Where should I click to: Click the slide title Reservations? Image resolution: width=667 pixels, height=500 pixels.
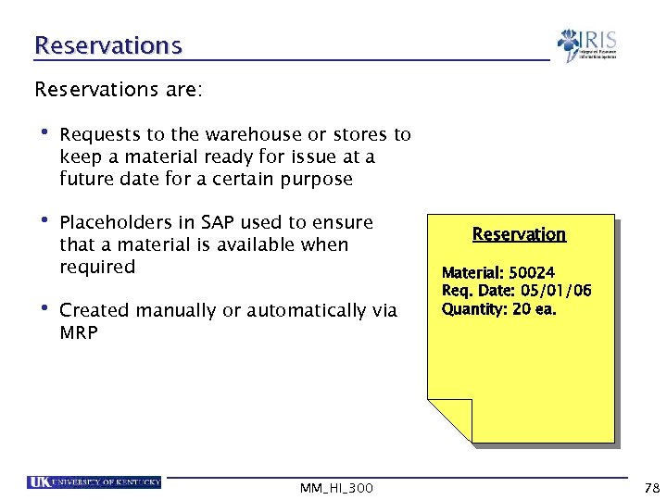coord(108,44)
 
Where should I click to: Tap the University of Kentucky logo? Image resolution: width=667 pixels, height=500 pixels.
coord(94,482)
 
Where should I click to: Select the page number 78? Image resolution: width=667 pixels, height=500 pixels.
coord(650,487)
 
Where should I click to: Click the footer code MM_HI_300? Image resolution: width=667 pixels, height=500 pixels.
coord(337,487)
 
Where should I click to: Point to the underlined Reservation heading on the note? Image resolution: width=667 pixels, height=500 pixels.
coord(519,234)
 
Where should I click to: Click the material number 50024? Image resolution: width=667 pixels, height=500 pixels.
coord(532,273)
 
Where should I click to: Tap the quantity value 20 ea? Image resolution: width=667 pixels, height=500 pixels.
coord(535,309)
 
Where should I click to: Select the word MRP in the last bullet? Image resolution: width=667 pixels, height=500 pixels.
coord(78,332)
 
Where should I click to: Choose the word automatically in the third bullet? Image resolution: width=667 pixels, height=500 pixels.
coord(299,310)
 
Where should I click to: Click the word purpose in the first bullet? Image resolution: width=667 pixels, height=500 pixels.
coord(317,179)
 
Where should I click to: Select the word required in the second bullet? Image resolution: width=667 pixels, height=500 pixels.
coord(97,267)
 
